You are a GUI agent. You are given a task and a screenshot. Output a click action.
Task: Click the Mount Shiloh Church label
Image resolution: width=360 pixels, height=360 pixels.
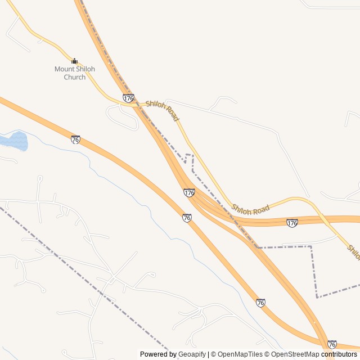(x=74, y=73)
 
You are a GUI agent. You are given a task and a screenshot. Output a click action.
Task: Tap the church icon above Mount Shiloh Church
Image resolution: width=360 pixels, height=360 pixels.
(x=74, y=61)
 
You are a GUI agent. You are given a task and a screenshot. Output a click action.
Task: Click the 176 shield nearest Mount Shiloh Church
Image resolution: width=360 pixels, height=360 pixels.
(x=128, y=98)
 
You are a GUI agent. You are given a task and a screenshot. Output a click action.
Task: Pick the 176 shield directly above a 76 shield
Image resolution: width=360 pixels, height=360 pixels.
(x=189, y=193)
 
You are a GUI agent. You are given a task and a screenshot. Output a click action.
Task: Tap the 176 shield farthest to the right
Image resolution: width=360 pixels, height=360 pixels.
(x=292, y=223)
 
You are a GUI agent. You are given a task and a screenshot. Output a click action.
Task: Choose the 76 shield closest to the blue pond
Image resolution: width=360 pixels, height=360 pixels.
(x=75, y=139)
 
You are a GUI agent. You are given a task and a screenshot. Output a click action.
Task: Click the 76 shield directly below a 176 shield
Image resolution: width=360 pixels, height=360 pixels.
(x=187, y=218)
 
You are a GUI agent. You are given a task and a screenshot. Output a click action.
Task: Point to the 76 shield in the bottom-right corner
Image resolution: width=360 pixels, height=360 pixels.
(x=332, y=344)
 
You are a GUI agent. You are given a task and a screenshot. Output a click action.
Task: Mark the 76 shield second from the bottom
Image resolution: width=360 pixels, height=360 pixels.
(x=260, y=303)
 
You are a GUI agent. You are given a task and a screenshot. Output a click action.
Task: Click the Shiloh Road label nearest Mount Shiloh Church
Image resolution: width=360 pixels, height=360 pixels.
(x=162, y=111)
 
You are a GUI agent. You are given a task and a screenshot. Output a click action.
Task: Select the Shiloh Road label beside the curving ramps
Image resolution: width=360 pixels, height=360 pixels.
(x=250, y=209)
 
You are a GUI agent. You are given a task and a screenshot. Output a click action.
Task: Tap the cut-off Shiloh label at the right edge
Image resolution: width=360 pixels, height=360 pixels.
(x=353, y=252)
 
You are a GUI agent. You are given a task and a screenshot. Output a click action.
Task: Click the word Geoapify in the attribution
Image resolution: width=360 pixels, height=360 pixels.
(x=192, y=354)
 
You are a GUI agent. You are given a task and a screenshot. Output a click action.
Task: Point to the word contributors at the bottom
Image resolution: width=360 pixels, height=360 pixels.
(x=339, y=354)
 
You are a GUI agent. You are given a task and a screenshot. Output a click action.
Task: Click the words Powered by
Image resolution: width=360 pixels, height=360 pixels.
(x=158, y=354)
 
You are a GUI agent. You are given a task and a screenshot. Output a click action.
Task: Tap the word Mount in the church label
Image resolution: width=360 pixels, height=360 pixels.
(x=64, y=69)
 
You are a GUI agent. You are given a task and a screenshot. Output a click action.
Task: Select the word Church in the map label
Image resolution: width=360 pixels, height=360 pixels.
(x=74, y=77)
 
